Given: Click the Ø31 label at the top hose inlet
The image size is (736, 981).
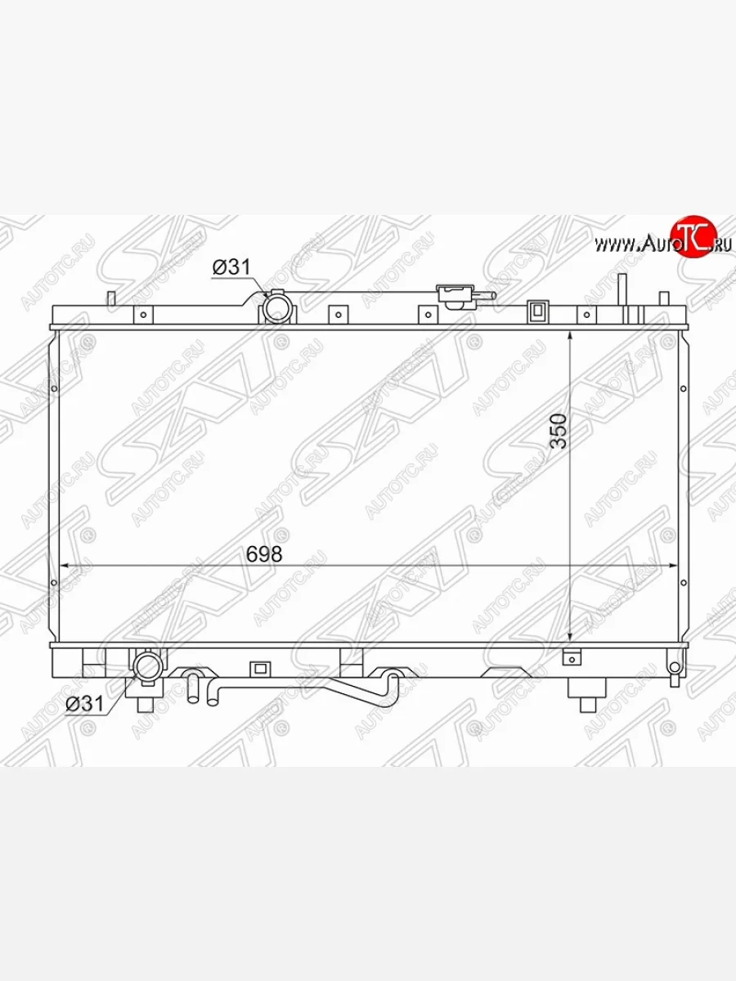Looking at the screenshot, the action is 231,267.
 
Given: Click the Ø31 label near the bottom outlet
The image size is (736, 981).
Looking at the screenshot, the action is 84,704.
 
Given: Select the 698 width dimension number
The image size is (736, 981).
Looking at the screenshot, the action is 264,554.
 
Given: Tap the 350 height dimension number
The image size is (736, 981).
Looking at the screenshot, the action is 559,431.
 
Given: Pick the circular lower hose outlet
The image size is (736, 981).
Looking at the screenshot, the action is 147,666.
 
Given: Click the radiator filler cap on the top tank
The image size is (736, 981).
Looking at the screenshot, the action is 456,296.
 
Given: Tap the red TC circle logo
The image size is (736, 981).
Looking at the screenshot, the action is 695,236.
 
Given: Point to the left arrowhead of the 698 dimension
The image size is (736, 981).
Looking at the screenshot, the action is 64,566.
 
